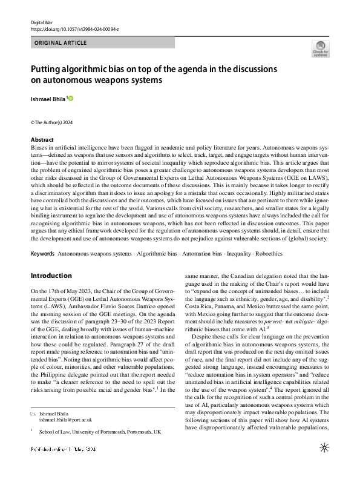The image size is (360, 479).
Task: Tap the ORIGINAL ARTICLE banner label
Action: click(61, 44)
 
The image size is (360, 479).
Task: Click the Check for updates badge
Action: click(320, 48)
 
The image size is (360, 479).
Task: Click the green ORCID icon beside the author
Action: click(70, 98)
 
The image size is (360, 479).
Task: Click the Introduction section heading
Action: click(51, 276)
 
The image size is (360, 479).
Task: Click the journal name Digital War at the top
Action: click(43, 22)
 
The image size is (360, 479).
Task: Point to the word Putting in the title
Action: click(48, 69)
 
